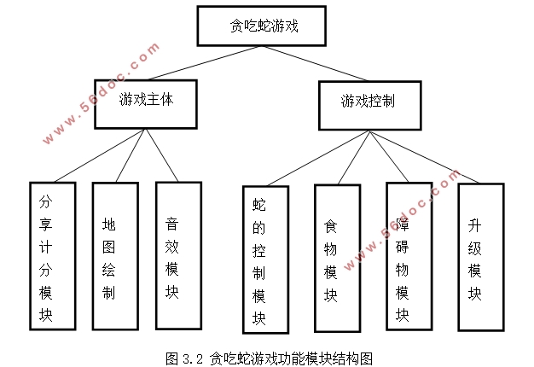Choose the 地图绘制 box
114,257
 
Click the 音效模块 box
178,256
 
